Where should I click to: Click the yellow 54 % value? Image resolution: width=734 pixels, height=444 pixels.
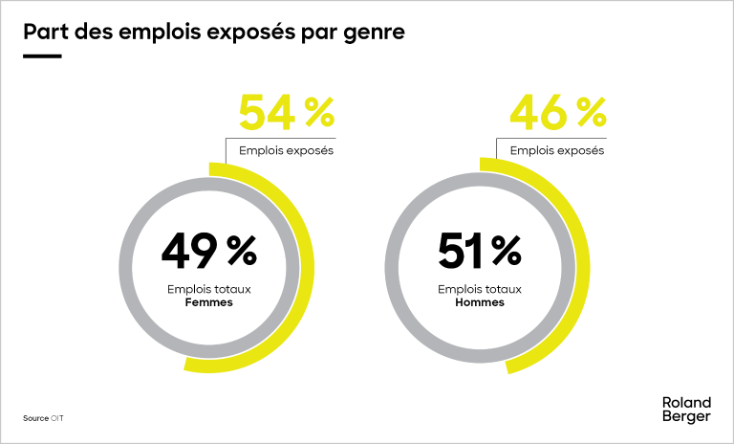click(x=286, y=113)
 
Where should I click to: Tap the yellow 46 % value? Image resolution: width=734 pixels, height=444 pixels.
click(x=557, y=113)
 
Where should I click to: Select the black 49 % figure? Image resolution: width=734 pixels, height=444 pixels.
click(x=208, y=252)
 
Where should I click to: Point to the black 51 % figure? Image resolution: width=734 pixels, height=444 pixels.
click(x=479, y=252)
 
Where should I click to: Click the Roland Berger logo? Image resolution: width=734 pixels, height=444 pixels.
click(x=686, y=410)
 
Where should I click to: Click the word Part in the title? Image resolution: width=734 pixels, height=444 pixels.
click(x=43, y=32)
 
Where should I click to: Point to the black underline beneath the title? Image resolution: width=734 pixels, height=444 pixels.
click(x=42, y=56)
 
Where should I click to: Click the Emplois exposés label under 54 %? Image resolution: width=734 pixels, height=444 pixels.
click(x=286, y=150)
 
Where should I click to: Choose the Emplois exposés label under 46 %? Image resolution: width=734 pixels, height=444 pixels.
click(x=557, y=150)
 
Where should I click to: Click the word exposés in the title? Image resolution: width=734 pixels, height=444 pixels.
click(x=254, y=32)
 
